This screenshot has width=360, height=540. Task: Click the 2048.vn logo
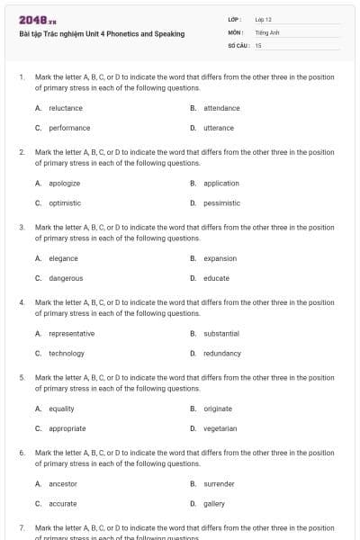pos(37,20)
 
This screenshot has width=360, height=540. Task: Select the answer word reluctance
pos(66,108)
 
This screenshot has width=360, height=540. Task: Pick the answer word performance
pos(69,128)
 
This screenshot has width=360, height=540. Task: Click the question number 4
pos(22,302)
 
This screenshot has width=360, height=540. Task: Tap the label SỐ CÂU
pos(238,44)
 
